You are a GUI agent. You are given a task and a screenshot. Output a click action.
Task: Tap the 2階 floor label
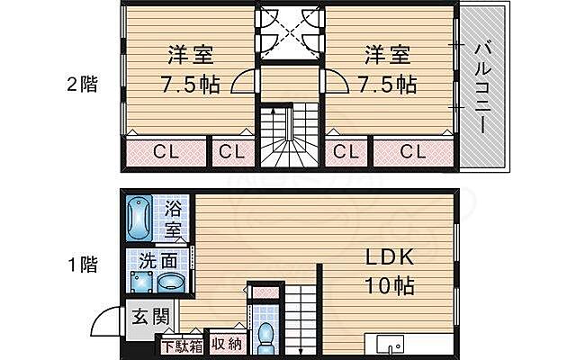pos(82,85)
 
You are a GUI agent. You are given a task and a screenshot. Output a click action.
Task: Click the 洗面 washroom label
pos(157,262)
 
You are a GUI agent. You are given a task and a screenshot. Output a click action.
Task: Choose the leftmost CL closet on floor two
pos(164,151)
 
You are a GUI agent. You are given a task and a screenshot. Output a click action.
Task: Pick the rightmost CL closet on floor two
pos(412,151)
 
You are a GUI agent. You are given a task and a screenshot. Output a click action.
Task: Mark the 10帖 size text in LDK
pos(390,287)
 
